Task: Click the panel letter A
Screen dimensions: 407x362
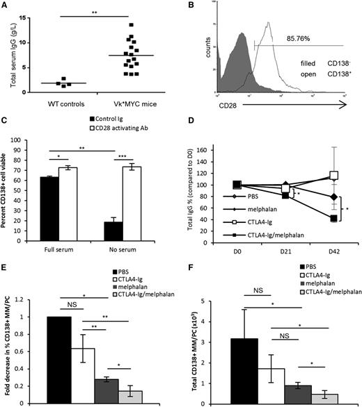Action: pyautogui.click(x=6, y=6)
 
